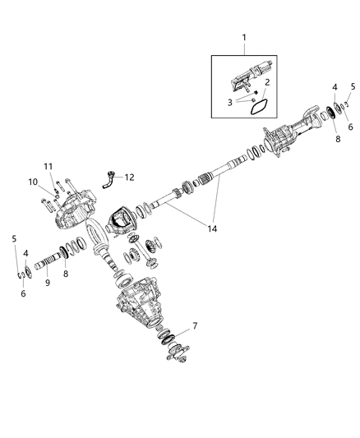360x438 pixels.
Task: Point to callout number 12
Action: [130, 176]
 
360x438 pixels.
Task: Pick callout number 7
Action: [194, 327]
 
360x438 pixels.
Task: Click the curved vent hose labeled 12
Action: [110, 180]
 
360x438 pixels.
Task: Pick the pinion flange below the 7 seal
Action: [175, 355]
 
